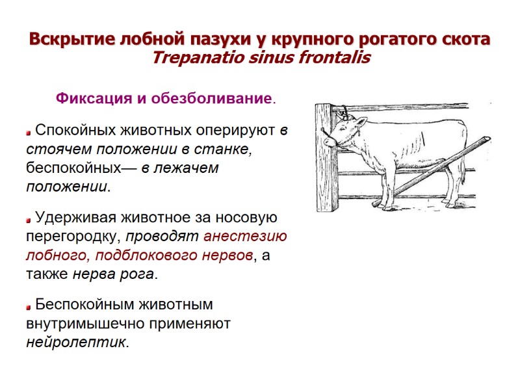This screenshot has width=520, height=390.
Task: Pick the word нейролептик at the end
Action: point(76,342)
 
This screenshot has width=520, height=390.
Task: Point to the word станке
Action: point(225,149)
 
